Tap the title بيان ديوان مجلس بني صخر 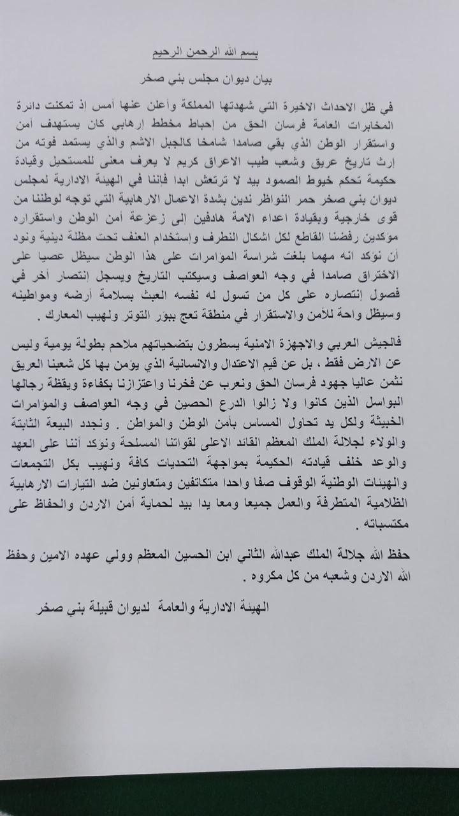(x=233, y=81)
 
